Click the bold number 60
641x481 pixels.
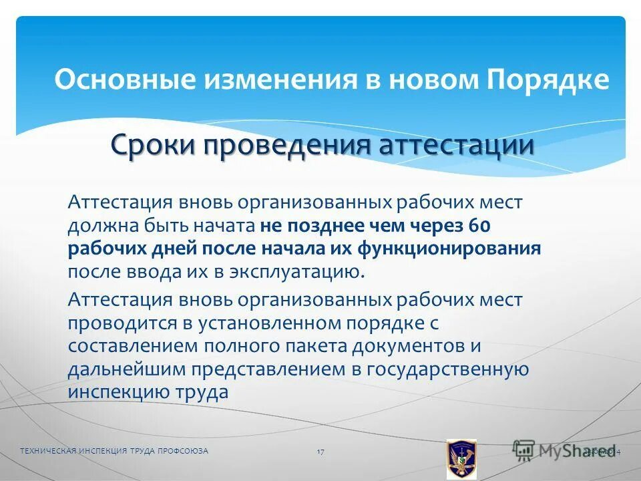pyautogui.click(x=480, y=226)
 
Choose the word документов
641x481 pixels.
pyautogui.click(x=401, y=346)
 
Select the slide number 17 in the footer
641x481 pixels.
pyautogui.click(x=320, y=452)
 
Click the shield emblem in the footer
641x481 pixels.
pyautogui.click(x=461, y=460)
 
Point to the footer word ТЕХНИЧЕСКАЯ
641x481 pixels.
pyautogui.click(x=49, y=452)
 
